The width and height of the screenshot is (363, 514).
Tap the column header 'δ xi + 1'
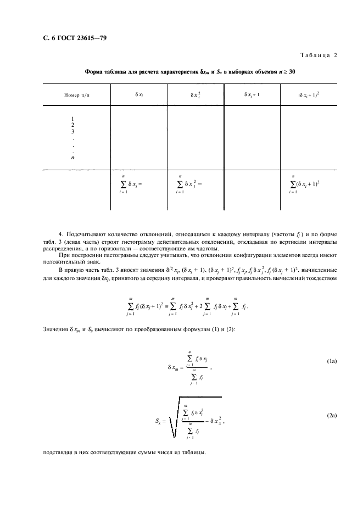pyautogui.click(x=252, y=94)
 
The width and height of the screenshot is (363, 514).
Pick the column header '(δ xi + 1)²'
pyautogui.click(x=309, y=94)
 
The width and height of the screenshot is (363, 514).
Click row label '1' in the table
pyautogui.click(x=72, y=119)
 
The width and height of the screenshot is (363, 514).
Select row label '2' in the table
pyautogui.click(x=72, y=125)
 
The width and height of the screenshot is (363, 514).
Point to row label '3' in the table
pyautogui.click(x=72, y=131)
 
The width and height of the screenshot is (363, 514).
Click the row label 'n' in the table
pyautogui.click(x=72, y=157)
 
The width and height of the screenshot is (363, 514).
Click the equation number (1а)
pyautogui.click(x=331, y=361)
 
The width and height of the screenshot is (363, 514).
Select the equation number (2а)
pyautogui.click(x=331, y=416)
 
